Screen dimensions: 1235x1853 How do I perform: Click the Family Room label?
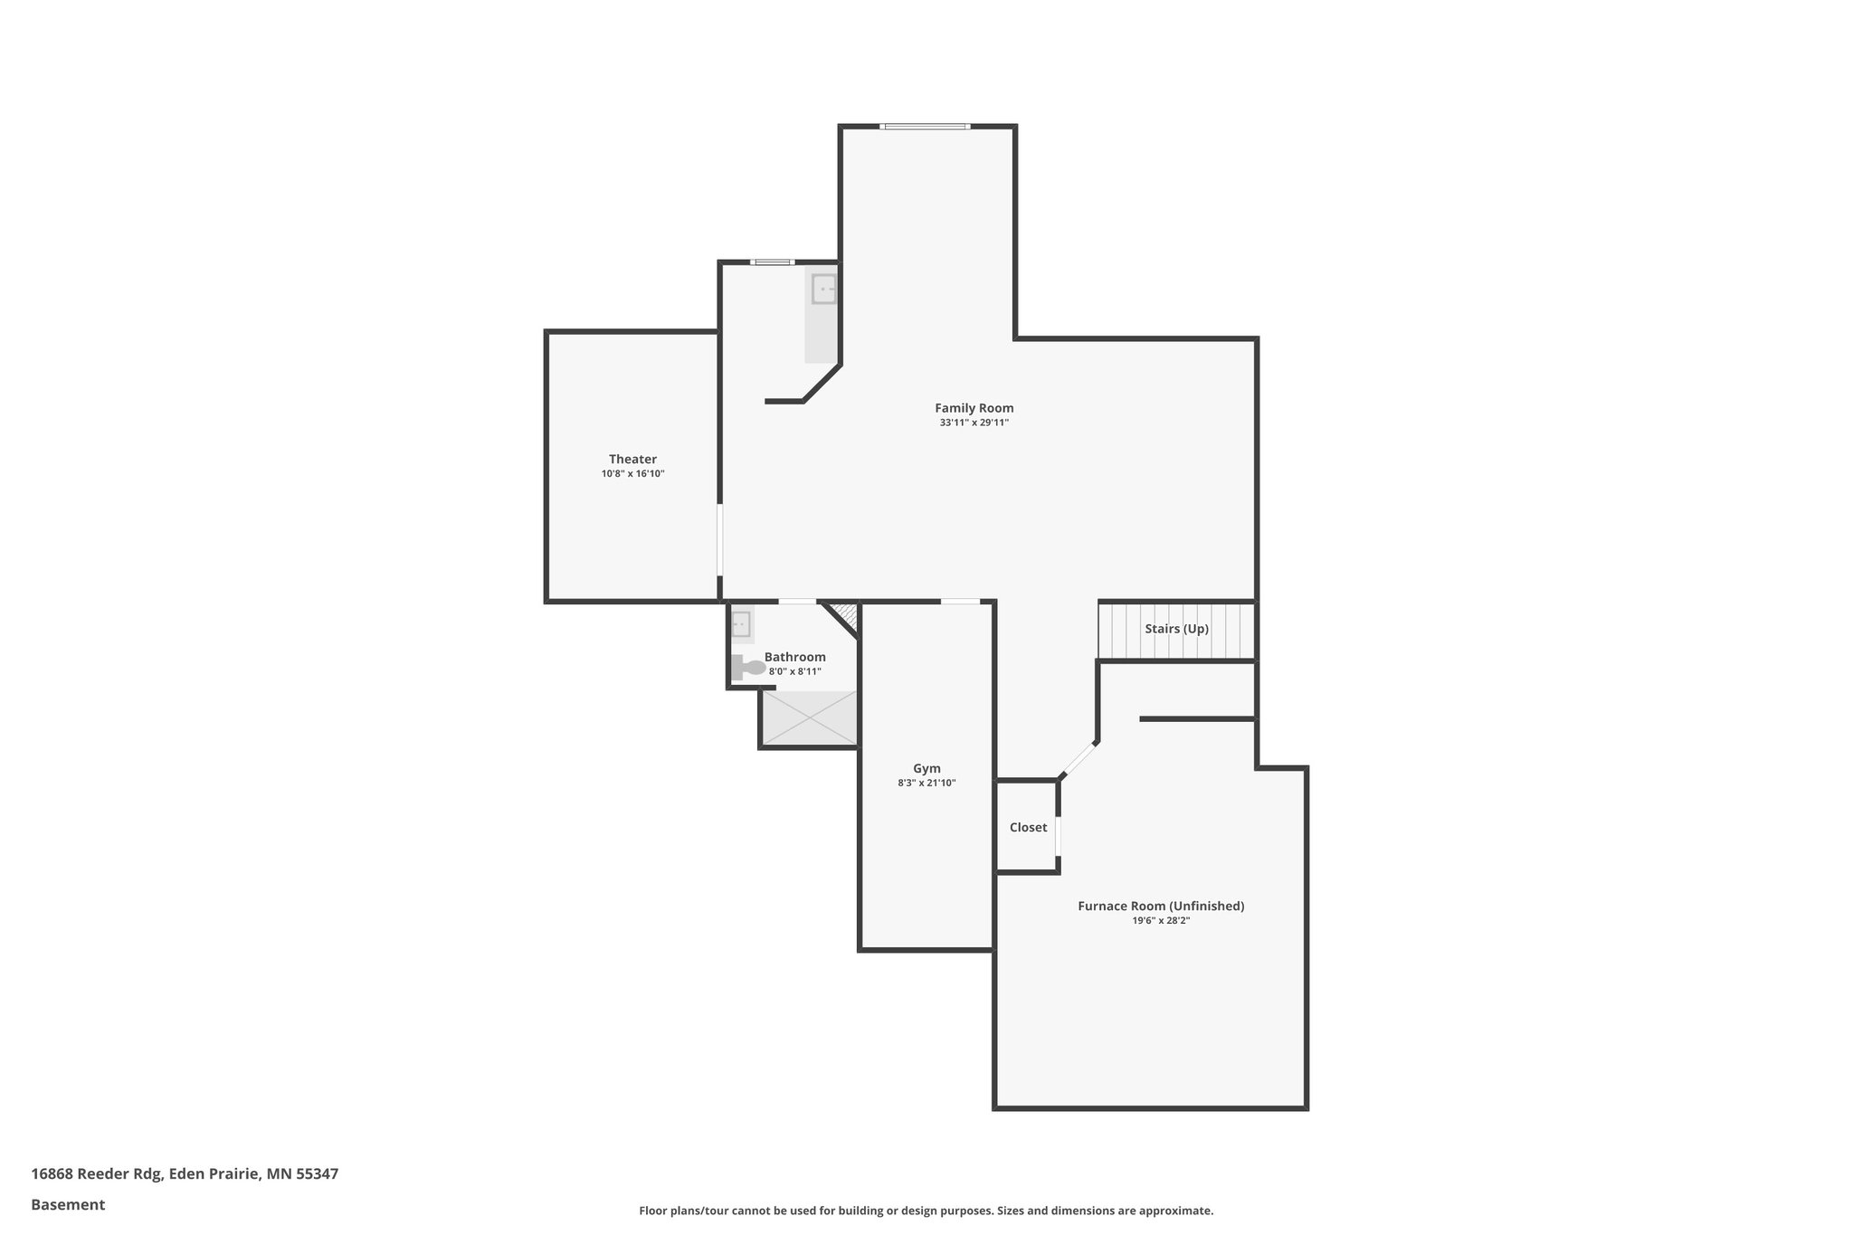click(x=974, y=408)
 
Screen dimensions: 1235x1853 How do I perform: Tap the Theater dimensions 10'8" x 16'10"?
click(x=632, y=474)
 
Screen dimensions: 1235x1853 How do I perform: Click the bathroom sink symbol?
click(x=741, y=623)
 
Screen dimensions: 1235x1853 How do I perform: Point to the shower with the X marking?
click(x=808, y=718)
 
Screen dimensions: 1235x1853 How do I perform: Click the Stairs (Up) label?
click(x=1176, y=629)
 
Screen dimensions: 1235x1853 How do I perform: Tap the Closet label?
click(x=1028, y=828)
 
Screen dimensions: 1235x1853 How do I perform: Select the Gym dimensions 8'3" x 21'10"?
click(x=926, y=784)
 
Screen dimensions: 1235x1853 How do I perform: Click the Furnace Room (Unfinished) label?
click(x=1161, y=906)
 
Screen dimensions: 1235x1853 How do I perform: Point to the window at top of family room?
click(x=926, y=127)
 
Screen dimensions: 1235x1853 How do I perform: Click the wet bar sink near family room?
click(x=824, y=290)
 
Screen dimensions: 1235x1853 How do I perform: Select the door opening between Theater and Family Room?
click(x=720, y=539)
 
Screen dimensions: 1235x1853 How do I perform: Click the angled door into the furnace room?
click(x=1079, y=760)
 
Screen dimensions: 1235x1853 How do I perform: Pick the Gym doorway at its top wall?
click(x=960, y=602)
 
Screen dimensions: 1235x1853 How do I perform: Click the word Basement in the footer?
click(x=68, y=1204)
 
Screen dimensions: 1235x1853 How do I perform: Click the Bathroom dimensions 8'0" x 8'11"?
click(x=794, y=671)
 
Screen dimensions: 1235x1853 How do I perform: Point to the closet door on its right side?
click(x=1058, y=835)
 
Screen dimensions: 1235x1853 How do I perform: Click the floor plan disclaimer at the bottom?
click(x=926, y=1211)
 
